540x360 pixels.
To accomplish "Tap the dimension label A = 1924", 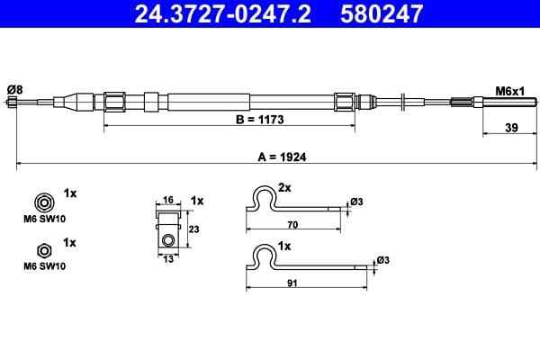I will point(282,156).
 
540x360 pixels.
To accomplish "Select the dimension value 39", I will point(510,128).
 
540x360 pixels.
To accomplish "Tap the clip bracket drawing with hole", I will point(168,229).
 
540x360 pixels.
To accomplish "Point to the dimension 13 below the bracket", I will point(167,259).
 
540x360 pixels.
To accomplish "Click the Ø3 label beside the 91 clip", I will point(382,260).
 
